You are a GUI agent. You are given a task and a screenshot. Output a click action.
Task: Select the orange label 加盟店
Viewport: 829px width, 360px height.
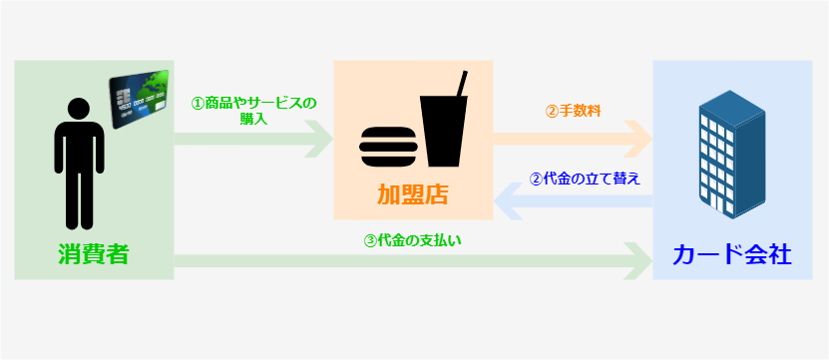click(412, 194)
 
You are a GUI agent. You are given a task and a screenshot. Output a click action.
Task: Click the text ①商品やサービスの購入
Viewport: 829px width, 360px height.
click(253, 111)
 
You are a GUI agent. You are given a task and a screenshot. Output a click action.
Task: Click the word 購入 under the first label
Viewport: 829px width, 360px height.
click(253, 120)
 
